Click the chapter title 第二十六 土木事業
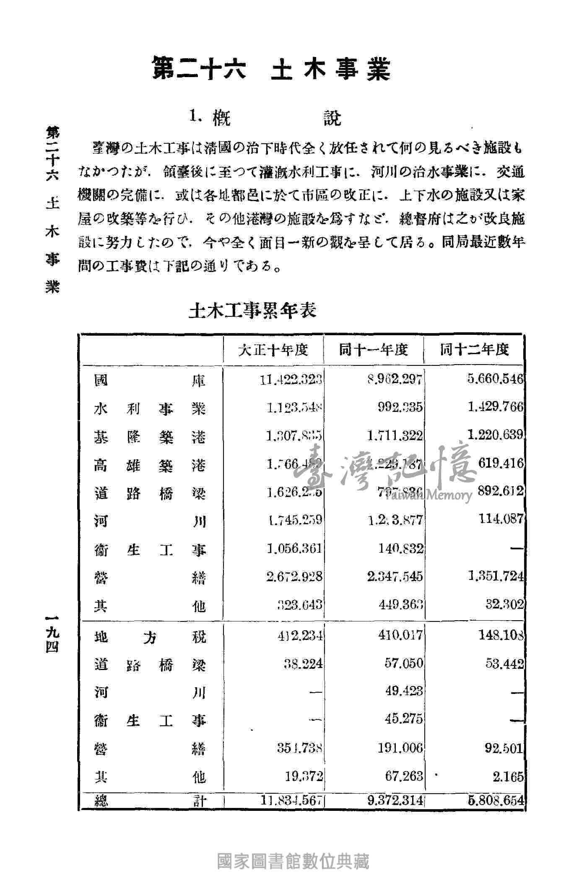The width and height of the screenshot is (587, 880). [x=271, y=69]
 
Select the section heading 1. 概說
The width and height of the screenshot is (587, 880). [x=265, y=118]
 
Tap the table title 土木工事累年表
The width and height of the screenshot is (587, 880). [x=252, y=311]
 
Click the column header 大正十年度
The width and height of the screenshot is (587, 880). [x=273, y=349]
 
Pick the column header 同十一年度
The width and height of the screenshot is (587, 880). [x=374, y=349]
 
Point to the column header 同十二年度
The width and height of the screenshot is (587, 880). [x=474, y=349]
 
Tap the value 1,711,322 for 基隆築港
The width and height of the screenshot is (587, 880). [x=395, y=436]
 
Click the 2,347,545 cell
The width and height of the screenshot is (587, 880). [x=395, y=577]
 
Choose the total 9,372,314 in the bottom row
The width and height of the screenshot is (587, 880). [x=395, y=801]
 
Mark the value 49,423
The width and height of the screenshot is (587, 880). [x=404, y=691]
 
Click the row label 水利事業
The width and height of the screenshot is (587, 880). [x=150, y=408]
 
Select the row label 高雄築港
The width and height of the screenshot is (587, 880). [x=150, y=465]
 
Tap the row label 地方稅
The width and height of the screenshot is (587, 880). [x=150, y=637]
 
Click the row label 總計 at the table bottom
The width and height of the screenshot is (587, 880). [x=150, y=801]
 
